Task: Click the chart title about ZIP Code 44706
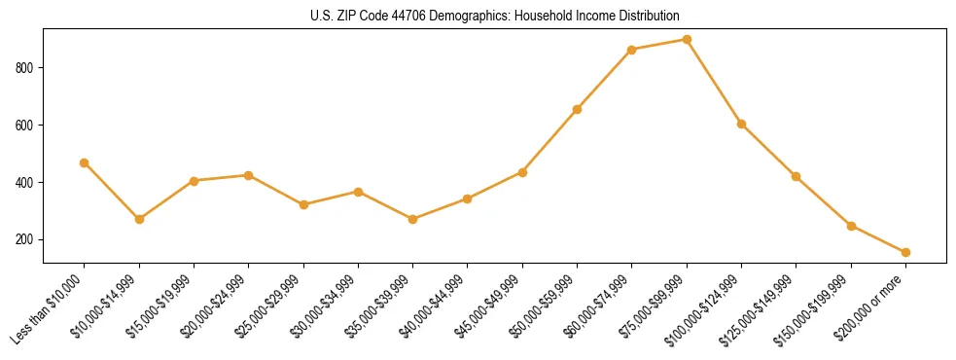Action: [494, 16]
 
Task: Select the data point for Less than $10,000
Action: [85, 162]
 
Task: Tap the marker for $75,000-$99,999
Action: [687, 40]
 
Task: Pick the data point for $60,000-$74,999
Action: [632, 50]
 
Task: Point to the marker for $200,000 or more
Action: [905, 252]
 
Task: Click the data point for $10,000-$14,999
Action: [139, 219]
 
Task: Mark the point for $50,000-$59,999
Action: [577, 109]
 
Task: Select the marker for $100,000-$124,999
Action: [741, 124]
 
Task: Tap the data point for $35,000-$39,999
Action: [412, 219]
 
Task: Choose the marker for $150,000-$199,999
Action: [851, 226]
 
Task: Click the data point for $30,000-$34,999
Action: [358, 192]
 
